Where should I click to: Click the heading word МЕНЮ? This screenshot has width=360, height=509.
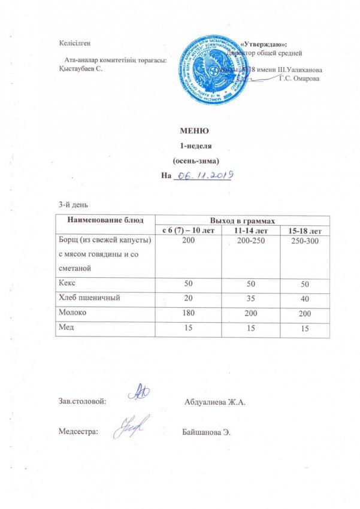[194, 131]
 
